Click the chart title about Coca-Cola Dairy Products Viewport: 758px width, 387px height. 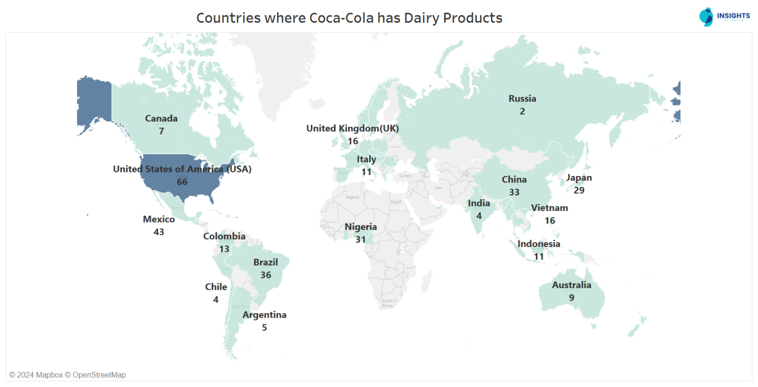pos(349,18)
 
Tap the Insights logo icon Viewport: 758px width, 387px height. pos(707,17)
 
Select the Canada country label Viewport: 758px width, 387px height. pos(161,119)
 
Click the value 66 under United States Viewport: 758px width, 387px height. pos(182,182)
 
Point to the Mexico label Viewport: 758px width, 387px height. pos(159,219)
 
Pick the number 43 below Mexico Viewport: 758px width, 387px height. pos(159,232)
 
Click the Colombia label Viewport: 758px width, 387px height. pos(224,236)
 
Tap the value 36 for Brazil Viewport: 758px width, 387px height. pos(265,275)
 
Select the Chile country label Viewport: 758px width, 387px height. pos(216,287)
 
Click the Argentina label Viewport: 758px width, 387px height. pos(265,315)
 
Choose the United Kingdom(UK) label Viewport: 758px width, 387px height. pos(352,129)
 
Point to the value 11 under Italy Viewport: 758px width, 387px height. pos(366,172)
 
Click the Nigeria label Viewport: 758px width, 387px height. pos(361,227)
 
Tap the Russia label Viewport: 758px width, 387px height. pos(522,99)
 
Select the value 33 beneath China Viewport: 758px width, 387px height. pos(514,192)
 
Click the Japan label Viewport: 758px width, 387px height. pos(579,178)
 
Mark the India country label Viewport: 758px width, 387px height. pos(479,203)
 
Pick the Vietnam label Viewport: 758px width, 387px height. pos(550,208)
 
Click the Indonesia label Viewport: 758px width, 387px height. pos(538,244)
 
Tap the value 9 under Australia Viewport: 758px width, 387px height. pos(571,298)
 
